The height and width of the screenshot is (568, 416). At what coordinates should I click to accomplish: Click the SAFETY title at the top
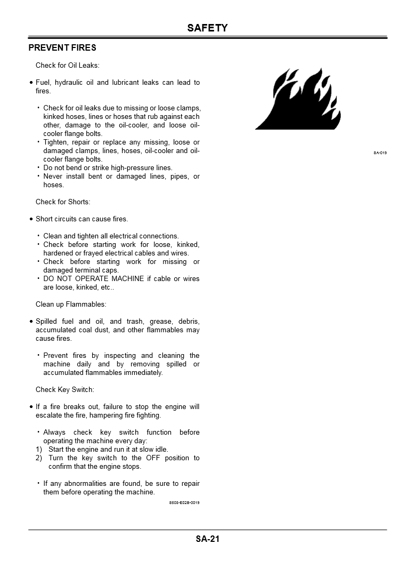[x=207, y=28]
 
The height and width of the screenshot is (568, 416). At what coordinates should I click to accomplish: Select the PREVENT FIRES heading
[x=62, y=48]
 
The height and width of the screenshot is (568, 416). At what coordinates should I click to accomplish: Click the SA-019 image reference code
[x=380, y=153]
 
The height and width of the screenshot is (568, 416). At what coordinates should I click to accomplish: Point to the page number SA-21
[x=207, y=539]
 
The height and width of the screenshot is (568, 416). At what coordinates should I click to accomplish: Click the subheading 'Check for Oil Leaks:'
[x=68, y=66]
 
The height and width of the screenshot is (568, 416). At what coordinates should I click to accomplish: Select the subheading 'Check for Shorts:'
[x=63, y=202]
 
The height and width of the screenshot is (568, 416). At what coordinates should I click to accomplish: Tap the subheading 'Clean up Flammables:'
[x=71, y=305]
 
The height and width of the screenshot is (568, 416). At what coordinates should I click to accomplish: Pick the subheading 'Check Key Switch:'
[x=65, y=390]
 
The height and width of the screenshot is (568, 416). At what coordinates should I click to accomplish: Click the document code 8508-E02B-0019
[x=184, y=503]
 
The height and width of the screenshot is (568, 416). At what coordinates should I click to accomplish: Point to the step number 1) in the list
[x=39, y=450]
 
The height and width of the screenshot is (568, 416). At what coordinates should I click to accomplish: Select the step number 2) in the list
[x=39, y=458]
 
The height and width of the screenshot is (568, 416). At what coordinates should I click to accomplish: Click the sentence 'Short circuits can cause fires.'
[x=82, y=219]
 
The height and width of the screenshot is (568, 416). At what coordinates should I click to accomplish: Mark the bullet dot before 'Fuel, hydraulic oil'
[x=31, y=83]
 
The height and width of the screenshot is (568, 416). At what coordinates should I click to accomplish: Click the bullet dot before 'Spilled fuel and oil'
[x=31, y=322]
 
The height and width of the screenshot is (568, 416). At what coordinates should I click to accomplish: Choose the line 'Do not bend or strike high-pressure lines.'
[x=108, y=168]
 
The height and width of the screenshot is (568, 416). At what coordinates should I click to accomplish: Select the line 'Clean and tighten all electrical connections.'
[x=111, y=236]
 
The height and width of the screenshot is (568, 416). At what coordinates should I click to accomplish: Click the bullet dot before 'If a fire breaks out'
[x=31, y=407]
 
